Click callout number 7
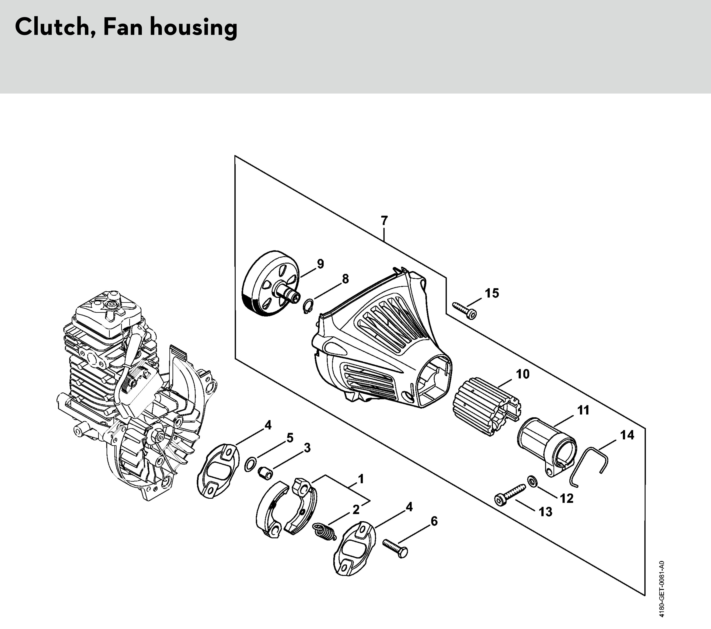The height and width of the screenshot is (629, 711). (x=384, y=220)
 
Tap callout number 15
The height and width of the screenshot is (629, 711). (x=492, y=293)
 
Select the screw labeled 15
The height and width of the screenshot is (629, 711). (x=464, y=310)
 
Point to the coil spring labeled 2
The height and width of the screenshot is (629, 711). (x=324, y=531)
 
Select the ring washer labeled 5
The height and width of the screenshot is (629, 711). (x=251, y=465)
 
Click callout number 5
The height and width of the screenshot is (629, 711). (x=290, y=438)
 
